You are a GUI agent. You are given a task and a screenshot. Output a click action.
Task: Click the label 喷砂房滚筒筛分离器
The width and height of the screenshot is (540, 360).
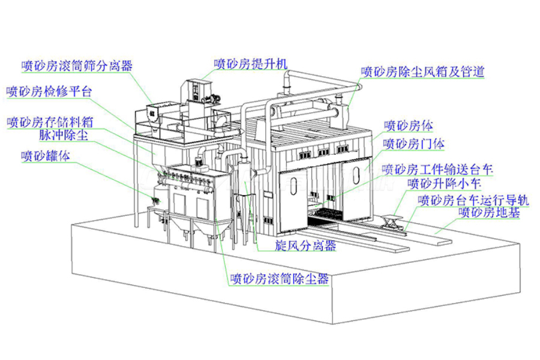point(77,65)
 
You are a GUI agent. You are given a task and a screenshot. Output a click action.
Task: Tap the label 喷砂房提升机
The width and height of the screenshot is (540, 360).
point(251,64)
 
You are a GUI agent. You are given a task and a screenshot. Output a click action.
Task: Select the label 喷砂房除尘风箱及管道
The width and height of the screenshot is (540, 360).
point(423,71)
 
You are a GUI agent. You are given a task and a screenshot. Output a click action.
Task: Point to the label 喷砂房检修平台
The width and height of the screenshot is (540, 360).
point(49,91)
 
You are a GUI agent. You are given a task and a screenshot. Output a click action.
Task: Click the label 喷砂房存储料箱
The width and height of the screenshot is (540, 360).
point(50,122)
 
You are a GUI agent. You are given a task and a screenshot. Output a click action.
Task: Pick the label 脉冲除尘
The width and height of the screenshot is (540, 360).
point(64,134)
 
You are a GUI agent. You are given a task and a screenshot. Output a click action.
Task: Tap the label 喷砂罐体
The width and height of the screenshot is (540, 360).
point(46,156)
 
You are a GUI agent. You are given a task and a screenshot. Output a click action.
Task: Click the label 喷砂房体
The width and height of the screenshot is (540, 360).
point(409,125)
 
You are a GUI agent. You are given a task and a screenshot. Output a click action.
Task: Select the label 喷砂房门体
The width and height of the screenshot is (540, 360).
point(414,143)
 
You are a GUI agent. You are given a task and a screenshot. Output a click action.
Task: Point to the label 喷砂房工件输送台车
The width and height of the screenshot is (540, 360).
point(437,169)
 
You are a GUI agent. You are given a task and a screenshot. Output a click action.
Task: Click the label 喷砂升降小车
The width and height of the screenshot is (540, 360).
point(444,183)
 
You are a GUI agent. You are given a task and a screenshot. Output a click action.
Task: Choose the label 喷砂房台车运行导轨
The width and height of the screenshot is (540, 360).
point(473,200)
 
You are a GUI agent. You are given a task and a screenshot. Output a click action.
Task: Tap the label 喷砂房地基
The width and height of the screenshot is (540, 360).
point(489,212)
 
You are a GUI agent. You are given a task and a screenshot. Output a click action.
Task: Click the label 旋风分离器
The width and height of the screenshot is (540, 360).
point(305,245)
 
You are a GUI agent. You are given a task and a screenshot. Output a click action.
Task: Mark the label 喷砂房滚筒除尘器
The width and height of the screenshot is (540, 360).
point(280,278)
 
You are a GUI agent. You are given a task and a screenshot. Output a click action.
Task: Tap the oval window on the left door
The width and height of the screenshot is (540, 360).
point(293,186)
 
